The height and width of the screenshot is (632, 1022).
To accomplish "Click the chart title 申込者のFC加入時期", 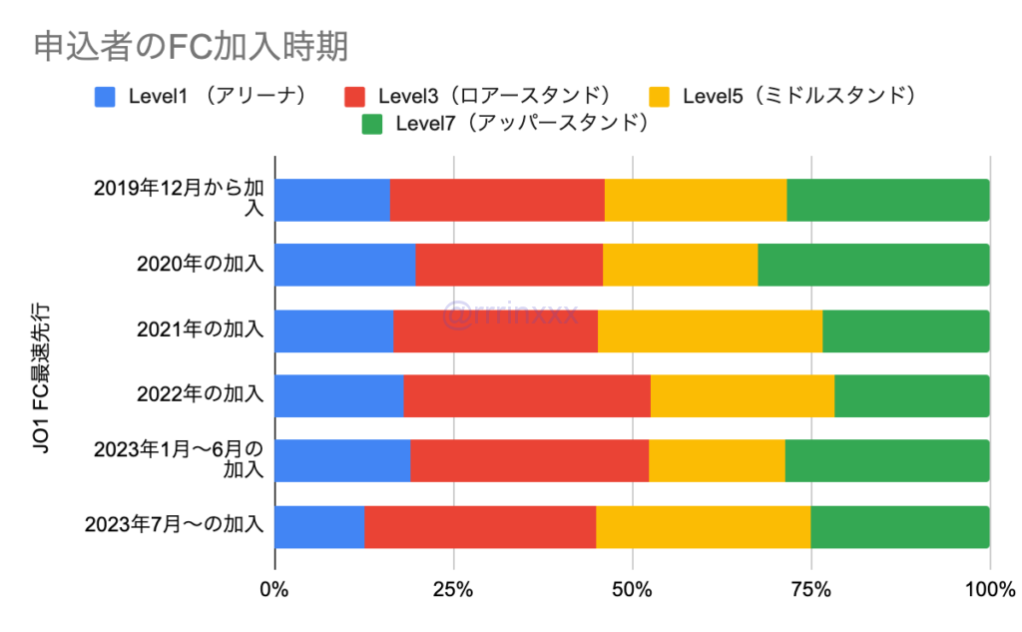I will click(190, 46).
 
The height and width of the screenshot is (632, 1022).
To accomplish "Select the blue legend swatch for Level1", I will click(106, 96).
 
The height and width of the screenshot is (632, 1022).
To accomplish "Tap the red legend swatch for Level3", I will click(355, 96).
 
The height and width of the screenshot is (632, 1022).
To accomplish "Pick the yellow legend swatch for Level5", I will click(660, 96).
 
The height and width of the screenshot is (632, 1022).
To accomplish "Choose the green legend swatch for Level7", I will click(372, 124).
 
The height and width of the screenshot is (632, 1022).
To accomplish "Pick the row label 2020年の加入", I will click(200, 265).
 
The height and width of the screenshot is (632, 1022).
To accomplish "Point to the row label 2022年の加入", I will click(200, 395).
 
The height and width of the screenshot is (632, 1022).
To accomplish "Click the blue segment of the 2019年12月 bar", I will click(331, 200).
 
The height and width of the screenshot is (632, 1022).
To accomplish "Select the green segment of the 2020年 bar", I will click(873, 265).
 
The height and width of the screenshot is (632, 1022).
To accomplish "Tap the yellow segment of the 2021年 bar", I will click(710, 330).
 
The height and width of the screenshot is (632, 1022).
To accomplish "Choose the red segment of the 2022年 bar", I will click(527, 395).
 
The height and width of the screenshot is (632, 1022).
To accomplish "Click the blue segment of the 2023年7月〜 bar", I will click(319, 526).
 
